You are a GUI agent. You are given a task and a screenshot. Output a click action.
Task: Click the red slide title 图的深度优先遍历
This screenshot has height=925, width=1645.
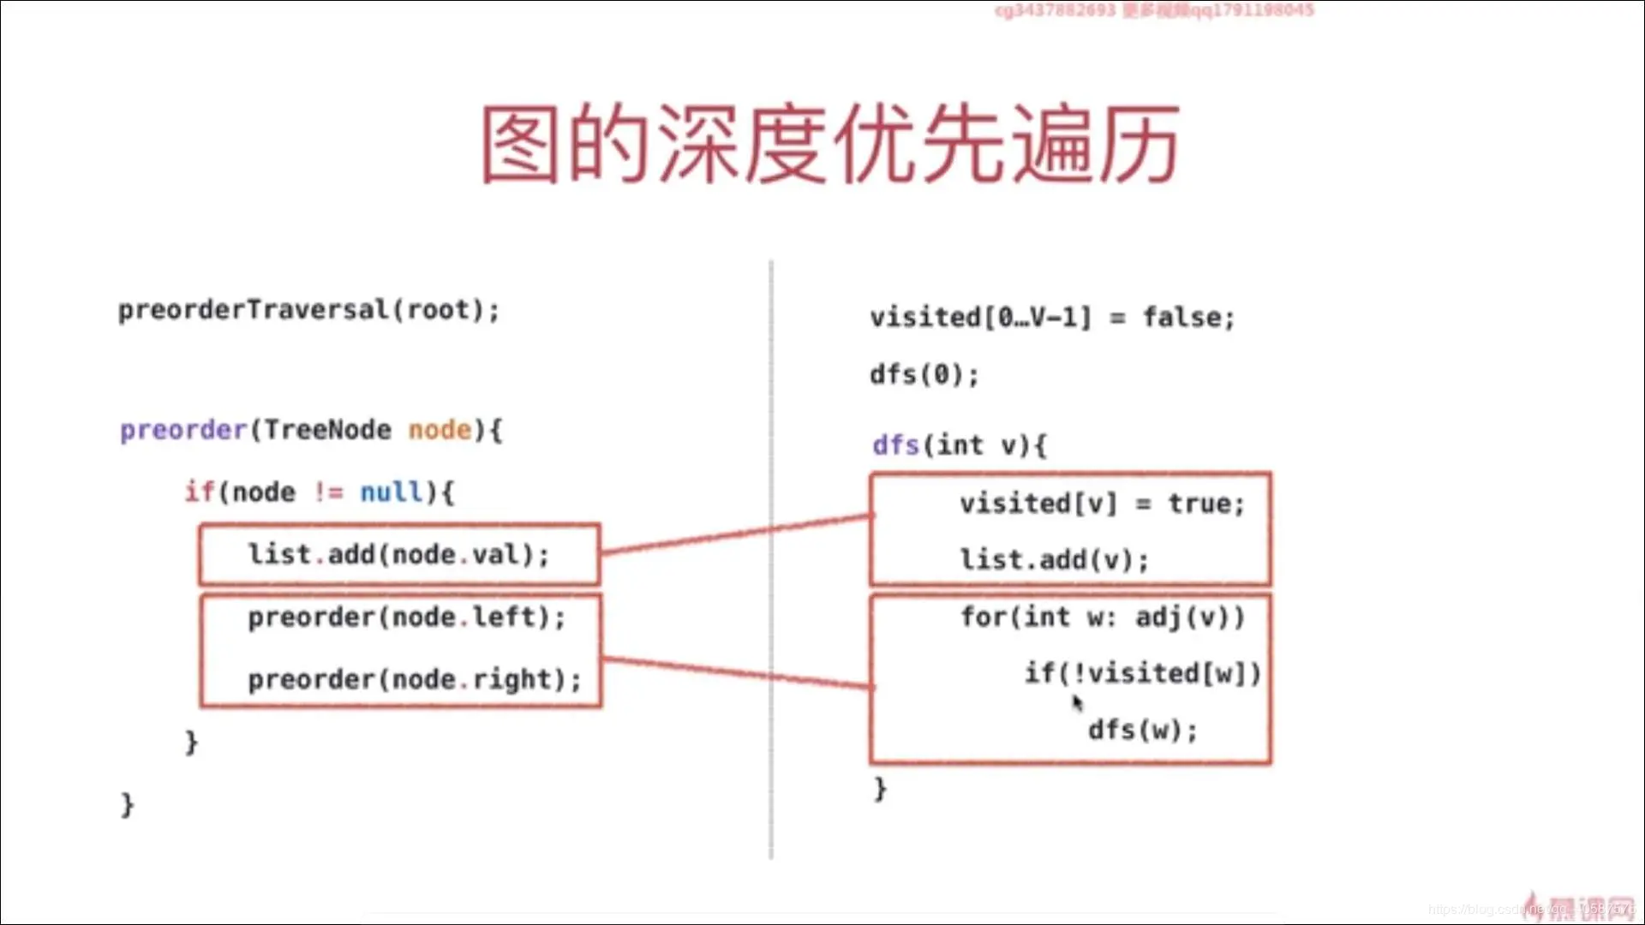click(x=829, y=144)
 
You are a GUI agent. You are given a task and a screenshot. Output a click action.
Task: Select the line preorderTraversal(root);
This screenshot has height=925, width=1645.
click(x=308, y=310)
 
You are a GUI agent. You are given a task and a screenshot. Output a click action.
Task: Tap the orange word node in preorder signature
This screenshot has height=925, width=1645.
click(x=440, y=430)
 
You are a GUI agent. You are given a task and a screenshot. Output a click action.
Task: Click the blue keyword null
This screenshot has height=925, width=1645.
click(x=392, y=492)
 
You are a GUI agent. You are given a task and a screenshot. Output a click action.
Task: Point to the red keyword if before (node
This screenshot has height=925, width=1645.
click(x=200, y=492)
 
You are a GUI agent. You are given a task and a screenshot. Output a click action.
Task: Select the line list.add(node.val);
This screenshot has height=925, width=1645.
click(x=398, y=555)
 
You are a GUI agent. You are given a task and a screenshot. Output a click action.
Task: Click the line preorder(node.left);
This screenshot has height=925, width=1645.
click(x=406, y=618)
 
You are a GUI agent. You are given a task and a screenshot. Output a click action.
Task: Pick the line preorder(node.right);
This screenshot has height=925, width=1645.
click(x=414, y=680)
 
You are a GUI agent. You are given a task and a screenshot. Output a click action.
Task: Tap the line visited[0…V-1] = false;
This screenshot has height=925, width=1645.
click(x=1052, y=318)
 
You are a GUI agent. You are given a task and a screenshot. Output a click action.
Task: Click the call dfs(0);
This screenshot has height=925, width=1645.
click(x=924, y=375)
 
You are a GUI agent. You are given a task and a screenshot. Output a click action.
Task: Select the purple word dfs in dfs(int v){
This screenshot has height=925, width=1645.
click(x=895, y=445)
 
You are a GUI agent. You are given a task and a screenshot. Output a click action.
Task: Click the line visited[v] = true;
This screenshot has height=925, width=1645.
click(x=1102, y=504)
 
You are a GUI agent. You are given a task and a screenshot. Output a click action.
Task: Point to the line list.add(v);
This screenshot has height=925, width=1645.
click(x=1054, y=560)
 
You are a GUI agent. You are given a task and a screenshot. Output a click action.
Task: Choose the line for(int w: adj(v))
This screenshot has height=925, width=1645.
click(x=1102, y=617)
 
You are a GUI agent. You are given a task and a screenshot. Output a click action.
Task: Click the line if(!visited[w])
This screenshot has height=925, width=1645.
click(x=1143, y=674)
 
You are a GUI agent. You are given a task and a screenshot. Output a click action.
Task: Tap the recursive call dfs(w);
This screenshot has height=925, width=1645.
click(x=1142, y=731)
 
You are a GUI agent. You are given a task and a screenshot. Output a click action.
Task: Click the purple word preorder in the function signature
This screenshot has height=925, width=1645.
click(x=183, y=430)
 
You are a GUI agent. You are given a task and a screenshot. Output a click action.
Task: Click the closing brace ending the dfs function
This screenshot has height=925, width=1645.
click(x=880, y=788)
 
